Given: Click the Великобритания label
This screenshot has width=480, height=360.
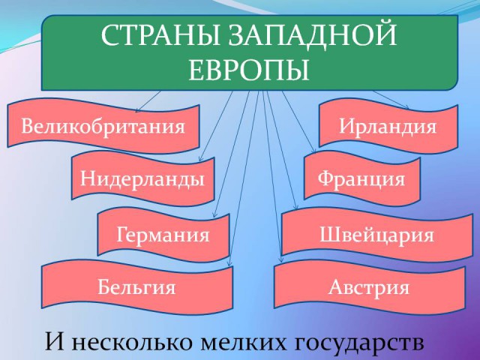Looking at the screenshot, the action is click(x=103, y=126).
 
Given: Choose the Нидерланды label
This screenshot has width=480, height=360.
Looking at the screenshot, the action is click(x=142, y=178).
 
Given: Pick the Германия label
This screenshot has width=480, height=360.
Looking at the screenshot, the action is click(x=163, y=235).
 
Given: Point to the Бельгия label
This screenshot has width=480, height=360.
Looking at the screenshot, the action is click(x=136, y=287).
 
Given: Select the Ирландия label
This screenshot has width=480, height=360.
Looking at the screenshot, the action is click(x=388, y=127).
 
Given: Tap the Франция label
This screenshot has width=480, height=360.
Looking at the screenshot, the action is click(x=361, y=178).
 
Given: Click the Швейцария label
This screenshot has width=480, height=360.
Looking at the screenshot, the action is click(x=376, y=235).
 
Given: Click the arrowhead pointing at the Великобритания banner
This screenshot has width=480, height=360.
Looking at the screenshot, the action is click(x=137, y=110).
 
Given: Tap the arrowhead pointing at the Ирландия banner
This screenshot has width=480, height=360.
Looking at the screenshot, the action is click(x=406, y=106).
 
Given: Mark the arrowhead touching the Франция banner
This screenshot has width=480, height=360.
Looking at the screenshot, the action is click(x=313, y=151).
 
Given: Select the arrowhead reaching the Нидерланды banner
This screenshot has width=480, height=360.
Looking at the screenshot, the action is click(x=200, y=159).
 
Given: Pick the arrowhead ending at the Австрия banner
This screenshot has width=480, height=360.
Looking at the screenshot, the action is click(x=281, y=260).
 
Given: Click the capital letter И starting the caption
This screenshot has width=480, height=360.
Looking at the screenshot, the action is click(x=55, y=342).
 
